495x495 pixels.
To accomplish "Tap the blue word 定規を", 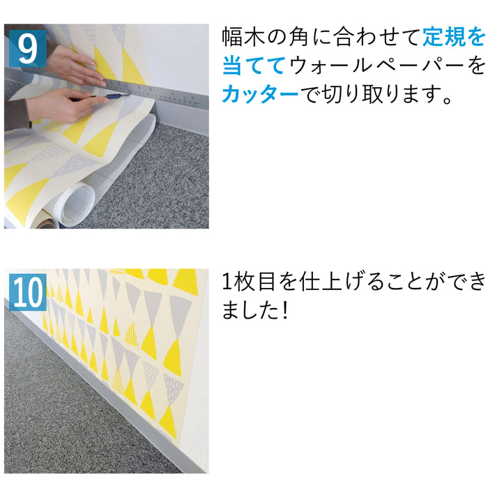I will (452, 36).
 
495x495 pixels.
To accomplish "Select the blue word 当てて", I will (253, 66).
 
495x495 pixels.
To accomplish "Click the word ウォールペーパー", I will (376, 66).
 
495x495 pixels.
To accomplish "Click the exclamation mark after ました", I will (284, 311).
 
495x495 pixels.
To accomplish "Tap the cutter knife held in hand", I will (112, 98).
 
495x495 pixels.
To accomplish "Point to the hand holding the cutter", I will (59, 105).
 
